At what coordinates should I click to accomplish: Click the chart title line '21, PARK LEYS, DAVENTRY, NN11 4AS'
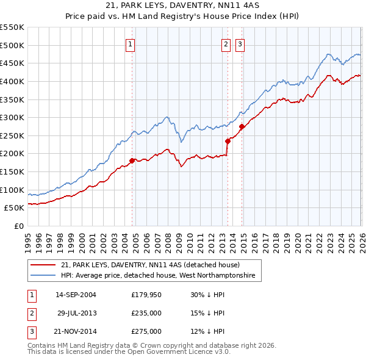[183, 5]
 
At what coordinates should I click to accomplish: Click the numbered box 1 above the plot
[131, 44]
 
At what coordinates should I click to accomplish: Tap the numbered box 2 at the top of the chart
[226, 44]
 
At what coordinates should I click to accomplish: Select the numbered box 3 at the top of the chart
[240, 44]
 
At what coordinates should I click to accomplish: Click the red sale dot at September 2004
[132, 160]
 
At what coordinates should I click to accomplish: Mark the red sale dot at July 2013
[227, 141]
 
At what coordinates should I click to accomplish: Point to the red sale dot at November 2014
[242, 126]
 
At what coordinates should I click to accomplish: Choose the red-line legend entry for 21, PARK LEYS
[150, 265]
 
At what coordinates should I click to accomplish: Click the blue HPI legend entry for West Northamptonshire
[160, 276]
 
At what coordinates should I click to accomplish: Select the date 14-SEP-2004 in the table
[76, 295]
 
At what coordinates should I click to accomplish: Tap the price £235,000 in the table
[146, 313]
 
